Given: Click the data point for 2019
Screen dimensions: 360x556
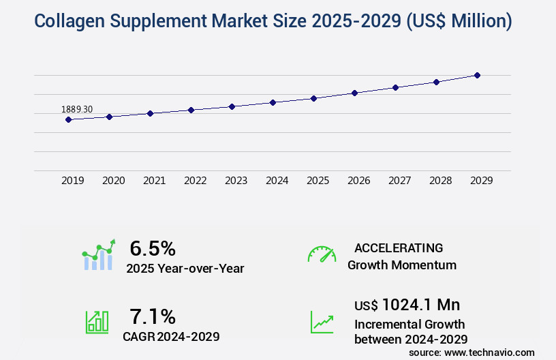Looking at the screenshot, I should coord(68,119).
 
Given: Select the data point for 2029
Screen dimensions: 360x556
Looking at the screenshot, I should coord(477,75).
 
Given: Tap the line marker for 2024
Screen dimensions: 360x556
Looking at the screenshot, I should coord(273,102).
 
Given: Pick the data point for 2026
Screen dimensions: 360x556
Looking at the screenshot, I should coord(354,93).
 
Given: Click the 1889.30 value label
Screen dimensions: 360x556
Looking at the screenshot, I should coord(77,109).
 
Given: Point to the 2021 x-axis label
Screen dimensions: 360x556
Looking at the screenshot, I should coord(154,181).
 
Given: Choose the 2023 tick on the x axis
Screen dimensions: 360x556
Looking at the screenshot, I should coord(236,181).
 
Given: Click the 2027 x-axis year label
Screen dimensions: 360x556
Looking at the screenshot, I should coord(399,181).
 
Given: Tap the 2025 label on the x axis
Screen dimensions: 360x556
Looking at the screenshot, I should coord(318,181).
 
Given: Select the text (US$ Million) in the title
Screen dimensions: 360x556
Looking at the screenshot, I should coord(459,21).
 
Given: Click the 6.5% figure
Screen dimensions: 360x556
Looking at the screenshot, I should coord(153,248).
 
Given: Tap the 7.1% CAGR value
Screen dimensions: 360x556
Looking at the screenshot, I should coord(153,316).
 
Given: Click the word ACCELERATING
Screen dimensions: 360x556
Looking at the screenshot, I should coord(399,247).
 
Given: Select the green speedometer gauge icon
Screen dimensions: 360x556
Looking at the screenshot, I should coord(322,254).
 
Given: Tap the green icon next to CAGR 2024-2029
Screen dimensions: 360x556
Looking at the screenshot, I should coord(97,322).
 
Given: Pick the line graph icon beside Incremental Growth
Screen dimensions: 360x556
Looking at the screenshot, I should coord(322,322).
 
